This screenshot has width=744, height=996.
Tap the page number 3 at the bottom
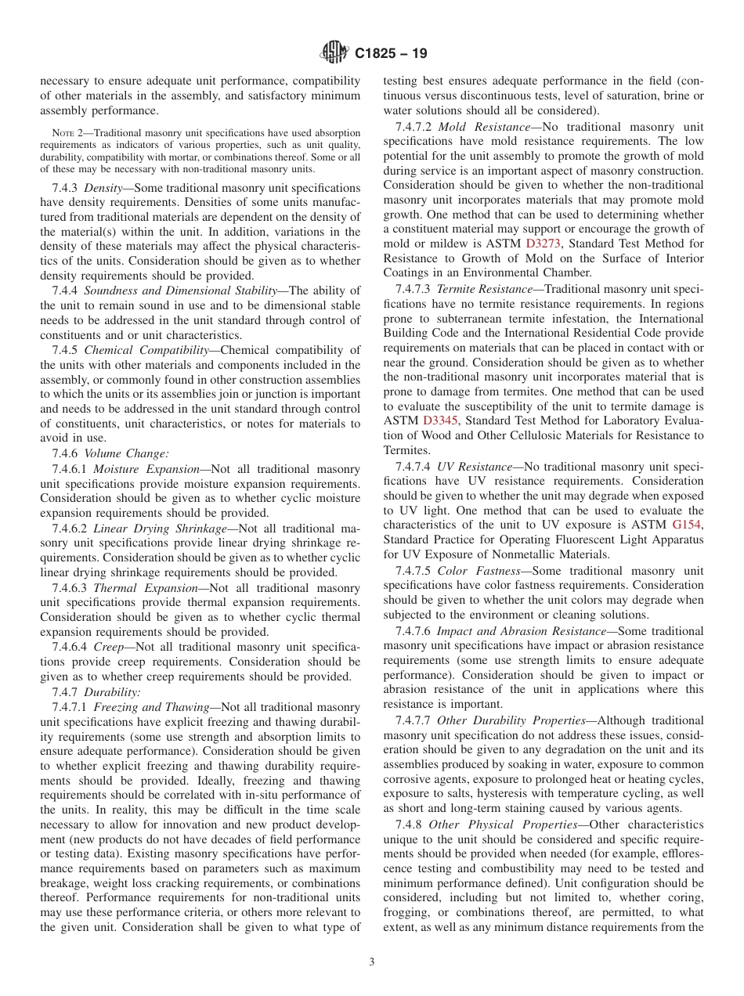372,962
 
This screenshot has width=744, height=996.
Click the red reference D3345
440,420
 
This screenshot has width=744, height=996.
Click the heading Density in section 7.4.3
103,188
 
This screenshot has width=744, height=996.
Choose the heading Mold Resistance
483,126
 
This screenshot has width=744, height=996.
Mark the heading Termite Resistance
489,289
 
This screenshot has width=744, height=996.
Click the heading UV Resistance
474,466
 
